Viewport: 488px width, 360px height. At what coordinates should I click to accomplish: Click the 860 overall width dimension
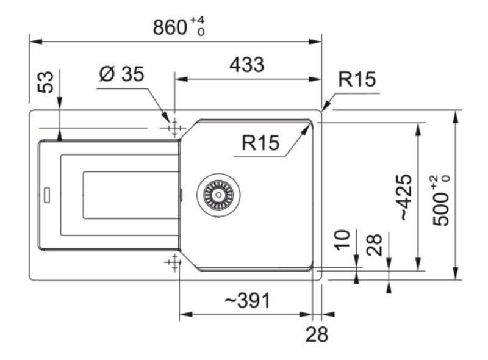[170, 27]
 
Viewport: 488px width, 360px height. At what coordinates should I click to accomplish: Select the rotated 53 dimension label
[46, 82]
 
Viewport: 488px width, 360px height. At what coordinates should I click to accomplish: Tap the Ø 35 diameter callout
[121, 74]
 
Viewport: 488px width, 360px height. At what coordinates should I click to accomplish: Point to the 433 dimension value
[246, 65]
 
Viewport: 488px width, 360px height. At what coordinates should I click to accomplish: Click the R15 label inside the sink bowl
[260, 143]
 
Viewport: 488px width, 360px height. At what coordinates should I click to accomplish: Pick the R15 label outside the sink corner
[357, 80]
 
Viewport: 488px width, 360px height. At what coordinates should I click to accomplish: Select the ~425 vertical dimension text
[404, 196]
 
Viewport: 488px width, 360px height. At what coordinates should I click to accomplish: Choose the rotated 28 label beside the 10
[376, 245]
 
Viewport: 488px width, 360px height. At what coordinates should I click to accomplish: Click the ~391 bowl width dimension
[246, 300]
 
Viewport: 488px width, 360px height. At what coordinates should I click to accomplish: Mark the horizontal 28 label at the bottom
[317, 334]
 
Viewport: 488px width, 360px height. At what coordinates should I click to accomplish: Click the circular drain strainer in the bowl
[218, 195]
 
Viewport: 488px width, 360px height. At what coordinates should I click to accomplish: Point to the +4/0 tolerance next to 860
[197, 26]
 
